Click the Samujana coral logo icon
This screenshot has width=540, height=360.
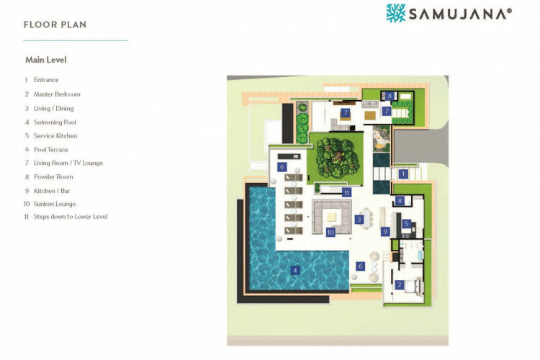point(396,14)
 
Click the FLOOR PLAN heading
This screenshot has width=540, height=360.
point(55,24)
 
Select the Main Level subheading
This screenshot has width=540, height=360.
point(46,60)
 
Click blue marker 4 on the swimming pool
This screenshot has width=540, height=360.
point(294,271)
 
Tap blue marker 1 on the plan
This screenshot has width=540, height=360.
point(403,174)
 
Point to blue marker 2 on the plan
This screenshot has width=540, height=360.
point(400,285)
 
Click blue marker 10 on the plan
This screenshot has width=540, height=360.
point(330,232)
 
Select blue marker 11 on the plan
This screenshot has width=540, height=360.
point(346,193)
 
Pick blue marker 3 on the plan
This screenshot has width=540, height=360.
point(359,220)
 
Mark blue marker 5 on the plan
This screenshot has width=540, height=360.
point(406,224)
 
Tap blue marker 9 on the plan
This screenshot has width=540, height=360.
point(385,232)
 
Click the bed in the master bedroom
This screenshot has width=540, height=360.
point(413,287)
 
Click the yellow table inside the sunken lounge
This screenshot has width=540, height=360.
point(332,217)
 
